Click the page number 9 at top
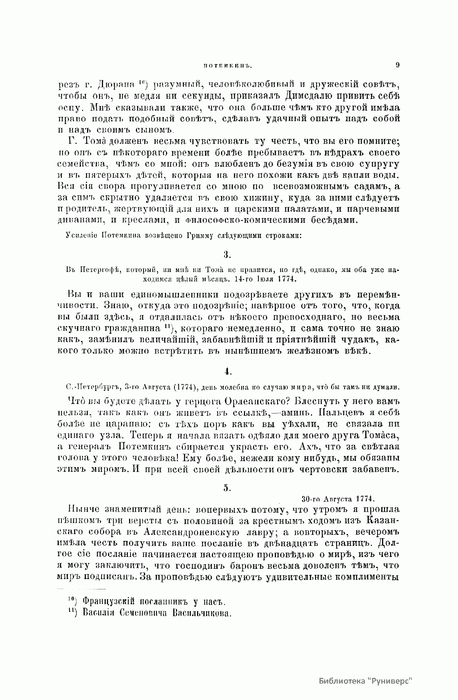[x=397, y=65]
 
